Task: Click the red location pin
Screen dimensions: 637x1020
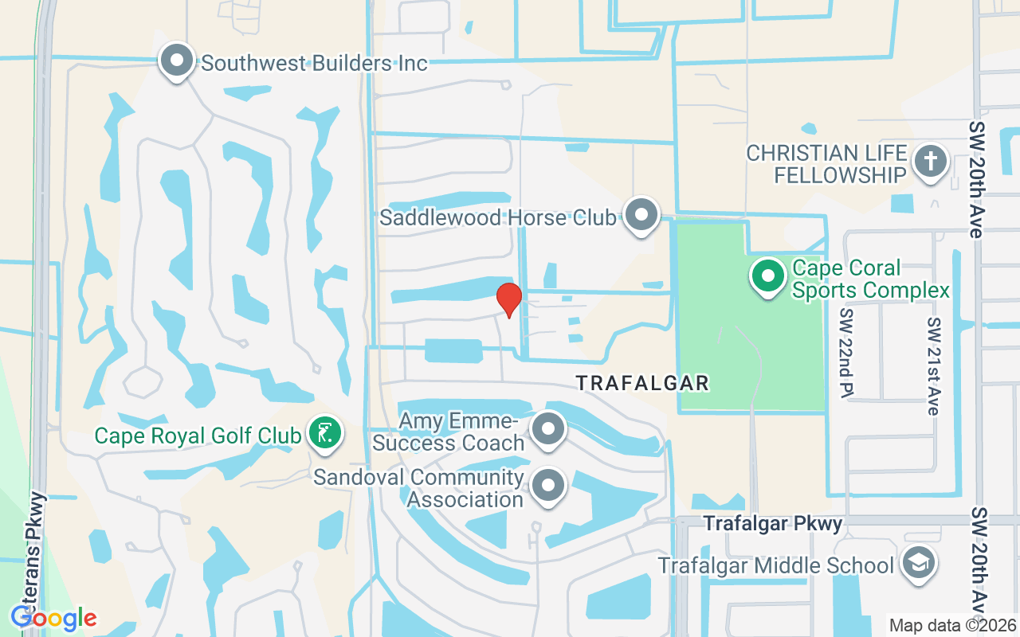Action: pyautogui.click(x=508, y=299)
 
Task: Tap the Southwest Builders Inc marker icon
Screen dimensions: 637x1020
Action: pyautogui.click(x=177, y=61)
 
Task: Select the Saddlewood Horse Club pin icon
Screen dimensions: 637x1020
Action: pyautogui.click(x=640, y=215)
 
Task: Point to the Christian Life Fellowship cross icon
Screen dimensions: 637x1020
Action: pyautogui.click(x=929, y=162)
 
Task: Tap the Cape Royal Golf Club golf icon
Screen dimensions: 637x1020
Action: pyautogui.click(x=325, y=434)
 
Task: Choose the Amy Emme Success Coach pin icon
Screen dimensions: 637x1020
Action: pyautogui.click(x=548, y=430)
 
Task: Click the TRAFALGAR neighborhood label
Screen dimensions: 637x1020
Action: pyautogui.click(x=642, y=383)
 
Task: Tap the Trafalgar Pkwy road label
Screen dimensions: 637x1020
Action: pyautogui.click(x=773, y=523)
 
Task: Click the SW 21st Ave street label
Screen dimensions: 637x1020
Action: pyautogui.click(x=933, y=366)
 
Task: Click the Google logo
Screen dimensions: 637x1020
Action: pyautogui.click(x=54, y=618)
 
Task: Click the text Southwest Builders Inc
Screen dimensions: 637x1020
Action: pyautogui.click(x=315, y=63)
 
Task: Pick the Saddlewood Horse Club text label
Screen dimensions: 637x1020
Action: pyautogui.click(x=498, y=217)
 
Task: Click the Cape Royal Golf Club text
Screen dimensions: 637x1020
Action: pyautogui.click(x=198, y=436)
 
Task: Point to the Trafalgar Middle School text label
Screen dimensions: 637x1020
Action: pyautogui.click(x=775, y=566)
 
